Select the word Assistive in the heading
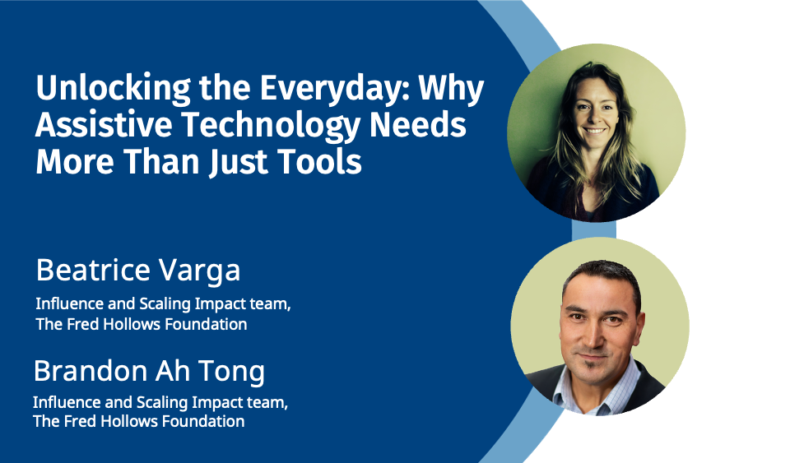point(104,125)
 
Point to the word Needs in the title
point(418,125)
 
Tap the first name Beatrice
point(93,271)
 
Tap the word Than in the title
point(161,162)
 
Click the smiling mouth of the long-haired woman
point(594,131)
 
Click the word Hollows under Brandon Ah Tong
point(128,421)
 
